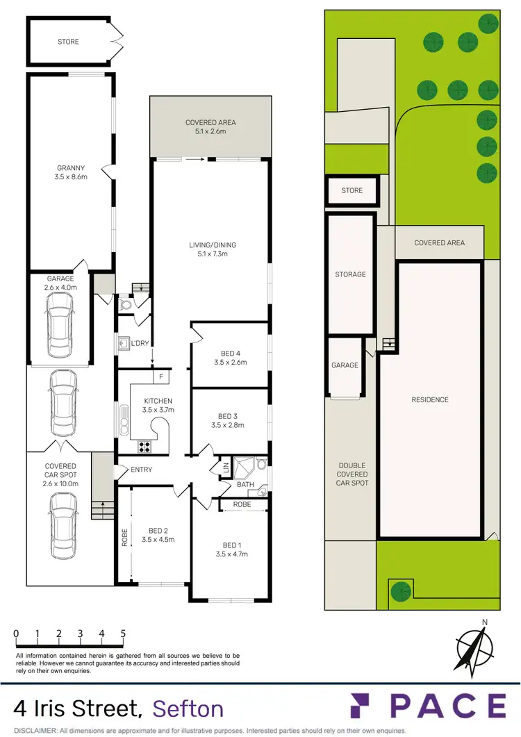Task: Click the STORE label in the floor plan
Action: point(68,42)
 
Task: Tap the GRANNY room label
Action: point(70,167)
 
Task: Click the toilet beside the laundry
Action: point(126,304)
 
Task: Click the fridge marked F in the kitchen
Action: point(160,377)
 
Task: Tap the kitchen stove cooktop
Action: point(145,446)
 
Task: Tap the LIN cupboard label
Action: point(225,469)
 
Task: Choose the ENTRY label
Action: point(141,470)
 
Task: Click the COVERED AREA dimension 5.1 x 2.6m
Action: point(210,131)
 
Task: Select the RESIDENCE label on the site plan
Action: point(430,399)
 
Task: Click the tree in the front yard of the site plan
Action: point(399,591)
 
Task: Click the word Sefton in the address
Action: point(188,709)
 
